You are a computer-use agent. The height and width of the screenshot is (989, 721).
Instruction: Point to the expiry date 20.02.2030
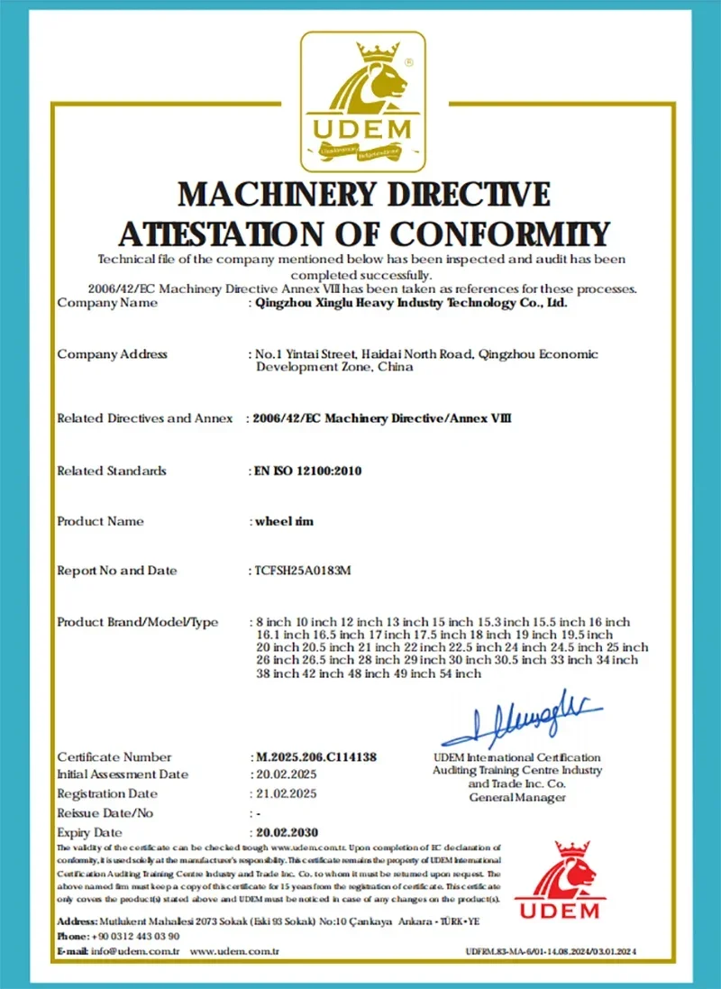click(x=287, y=832)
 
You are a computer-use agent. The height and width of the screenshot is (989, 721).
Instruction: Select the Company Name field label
click(x=107, y=303)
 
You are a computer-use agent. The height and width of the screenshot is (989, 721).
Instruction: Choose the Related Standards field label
click(x=112, y=471)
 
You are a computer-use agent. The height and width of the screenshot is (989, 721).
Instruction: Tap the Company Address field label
click(x=112, y=354)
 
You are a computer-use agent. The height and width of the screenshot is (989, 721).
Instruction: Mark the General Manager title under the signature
click(x=517, y=797)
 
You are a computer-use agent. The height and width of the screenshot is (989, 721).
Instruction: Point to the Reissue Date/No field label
click(x=105, y=813)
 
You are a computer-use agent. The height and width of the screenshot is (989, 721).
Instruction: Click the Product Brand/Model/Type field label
click(x=138, y=622)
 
